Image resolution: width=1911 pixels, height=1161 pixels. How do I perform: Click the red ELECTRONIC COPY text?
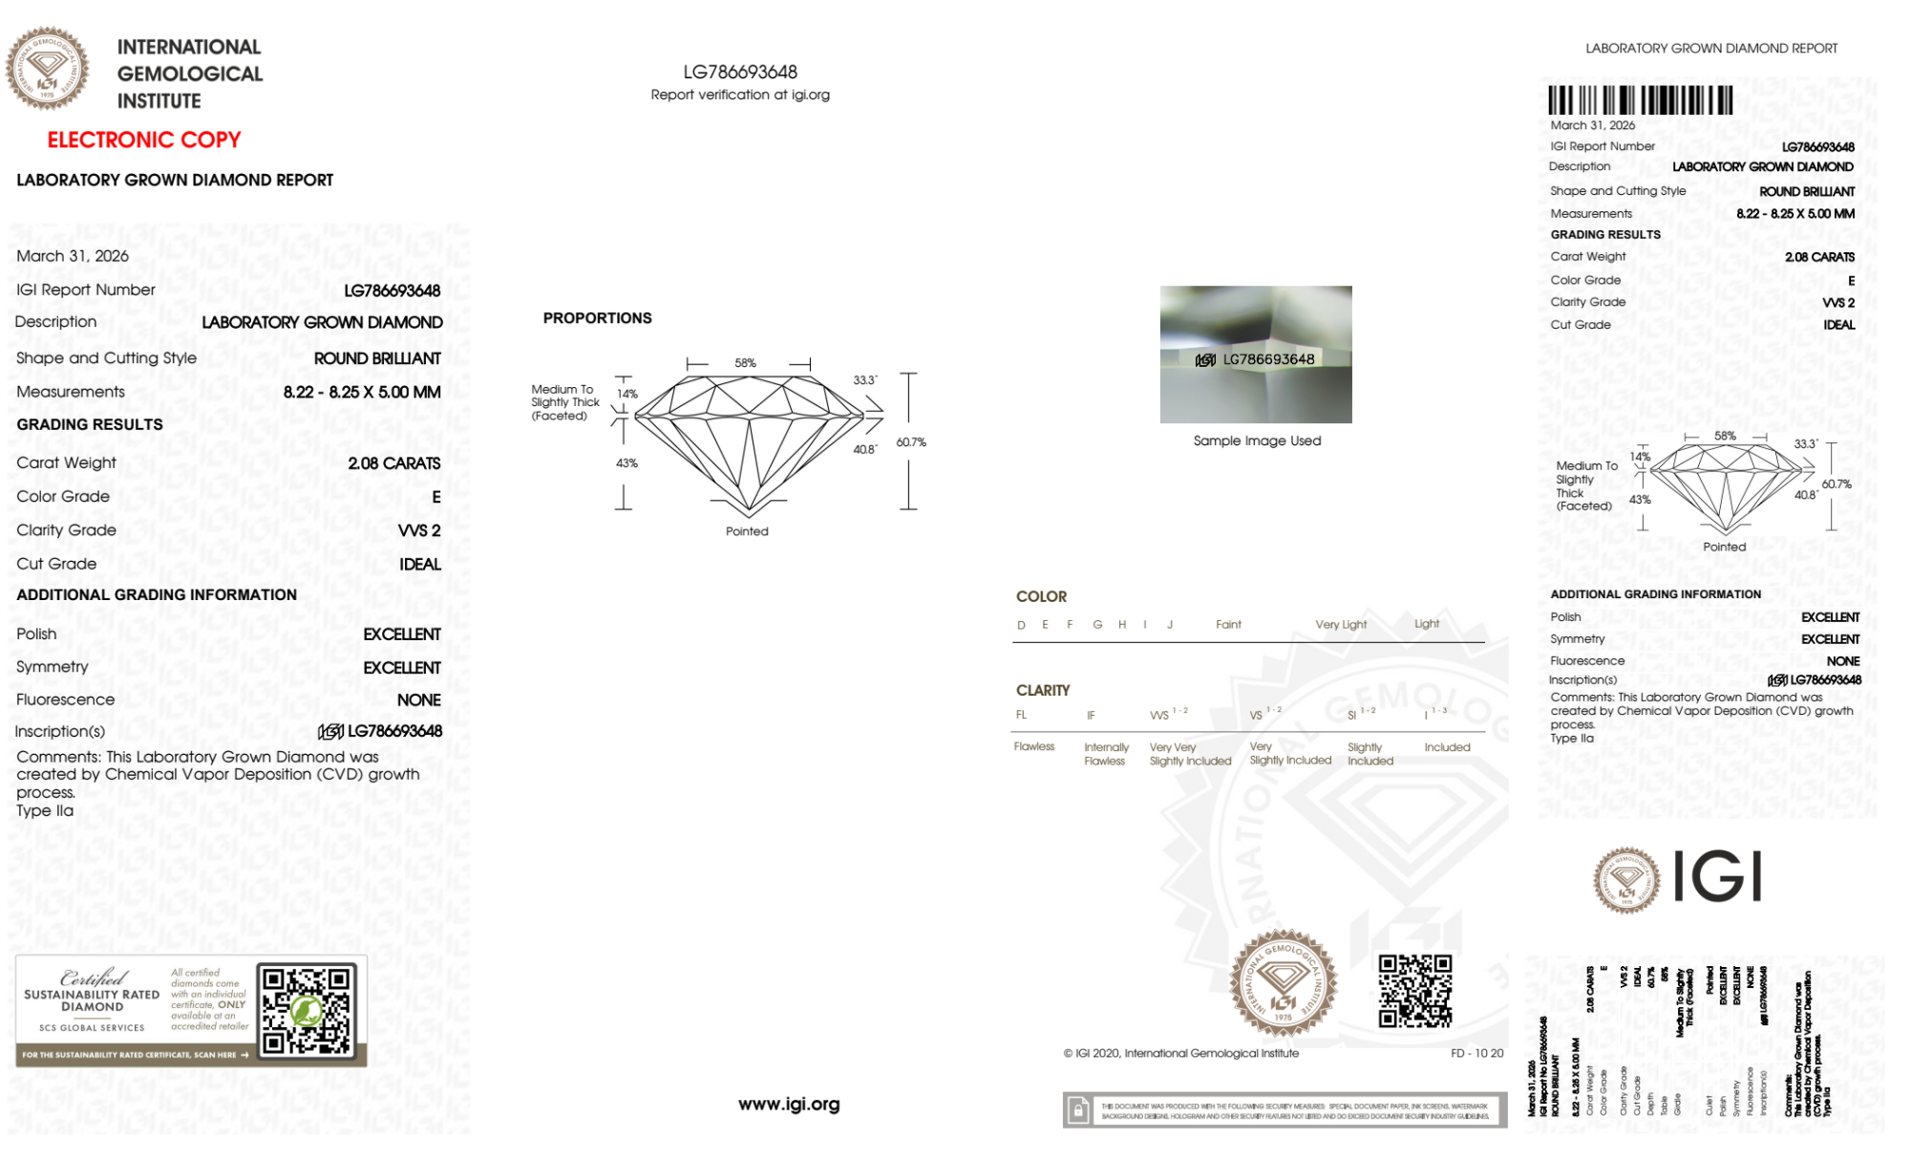pos(144,140)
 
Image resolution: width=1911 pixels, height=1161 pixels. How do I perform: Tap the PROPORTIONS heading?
pos(597,318)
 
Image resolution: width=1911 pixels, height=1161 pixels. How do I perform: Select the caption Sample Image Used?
pos(1257,441)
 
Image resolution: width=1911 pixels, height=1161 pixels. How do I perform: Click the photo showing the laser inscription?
pos(1256,355)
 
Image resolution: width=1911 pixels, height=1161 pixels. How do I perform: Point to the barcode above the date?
pos(1640,100)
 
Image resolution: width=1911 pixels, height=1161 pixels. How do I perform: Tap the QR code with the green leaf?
pos(308,1010)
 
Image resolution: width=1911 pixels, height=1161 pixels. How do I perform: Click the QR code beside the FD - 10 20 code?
pos(1414,991)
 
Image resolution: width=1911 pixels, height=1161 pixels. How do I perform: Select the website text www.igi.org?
pos(789,1105)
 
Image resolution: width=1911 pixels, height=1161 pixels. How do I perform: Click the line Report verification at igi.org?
pos(740,95)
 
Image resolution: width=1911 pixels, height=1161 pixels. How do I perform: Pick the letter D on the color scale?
pos(1021,625)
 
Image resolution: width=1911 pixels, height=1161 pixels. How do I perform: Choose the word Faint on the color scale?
pos(1228,625)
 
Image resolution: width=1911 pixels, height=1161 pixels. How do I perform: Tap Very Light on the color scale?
pos(1341,625)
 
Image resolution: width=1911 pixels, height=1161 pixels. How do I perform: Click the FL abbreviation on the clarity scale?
pos(1021,715)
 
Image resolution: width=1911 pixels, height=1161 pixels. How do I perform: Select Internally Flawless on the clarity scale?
pos(1106,754)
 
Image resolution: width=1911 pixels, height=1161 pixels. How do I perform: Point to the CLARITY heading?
pos(1043,690)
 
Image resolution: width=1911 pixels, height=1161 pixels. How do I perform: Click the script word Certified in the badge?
pos(93,978)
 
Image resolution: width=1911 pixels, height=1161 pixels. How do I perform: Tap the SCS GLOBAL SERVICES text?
pos(92,1028)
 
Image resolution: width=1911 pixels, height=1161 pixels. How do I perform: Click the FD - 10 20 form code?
pos(1476,1053)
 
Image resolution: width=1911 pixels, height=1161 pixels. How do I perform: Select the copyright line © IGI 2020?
pos(1180,1053)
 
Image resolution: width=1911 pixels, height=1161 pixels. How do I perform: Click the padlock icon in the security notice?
pos(1078,1110)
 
